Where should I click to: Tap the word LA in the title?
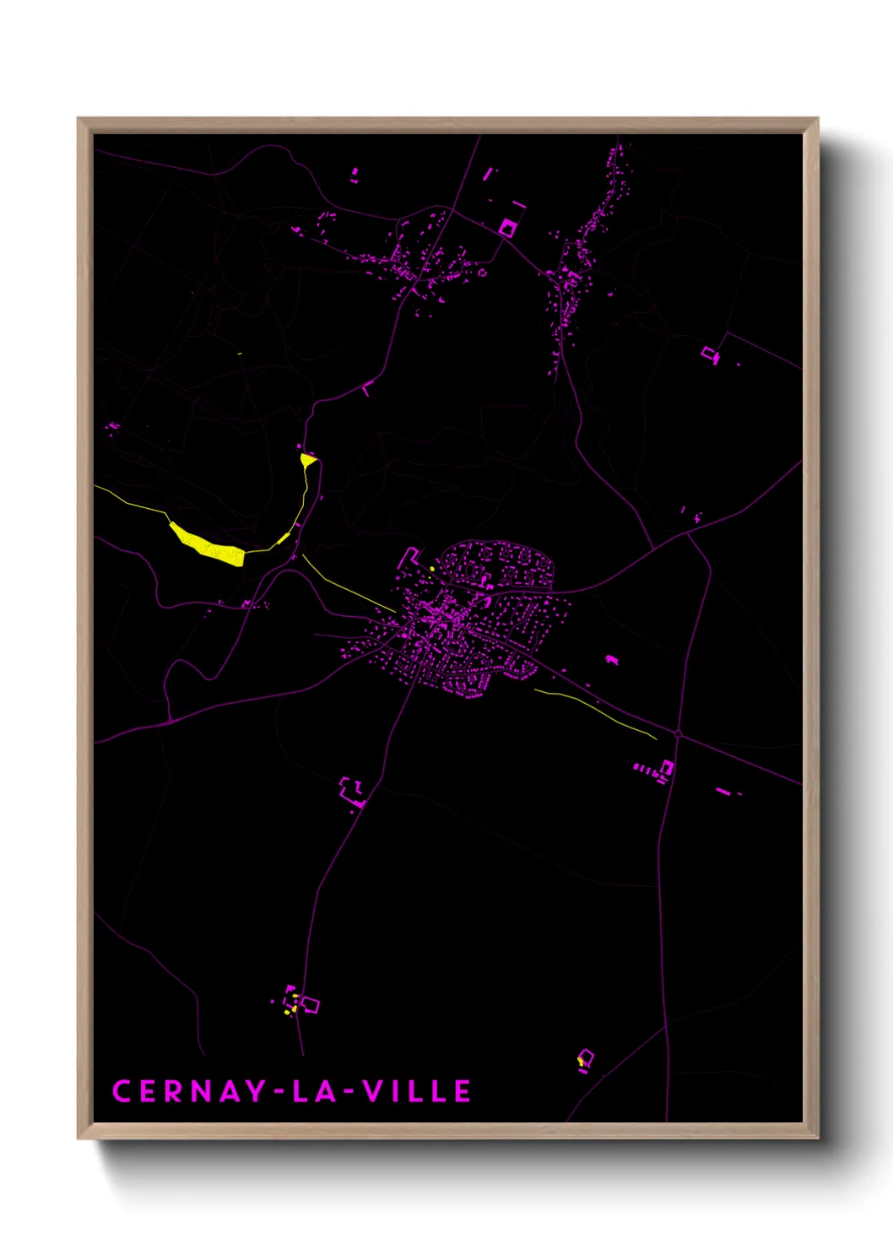[314, 1091]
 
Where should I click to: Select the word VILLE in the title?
[417, 1091]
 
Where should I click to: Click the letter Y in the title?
[256, 1091]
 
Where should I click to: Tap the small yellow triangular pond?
[308, 460]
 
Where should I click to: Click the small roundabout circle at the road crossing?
[678, 734]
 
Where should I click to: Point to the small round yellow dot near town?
[432, 569]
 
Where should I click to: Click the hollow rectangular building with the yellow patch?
[585, 1057]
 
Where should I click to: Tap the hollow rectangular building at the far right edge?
[710, 354]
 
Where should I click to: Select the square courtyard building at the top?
[507, 227]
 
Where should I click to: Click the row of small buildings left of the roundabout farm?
[646, 769]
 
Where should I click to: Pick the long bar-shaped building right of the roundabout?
[723, 791]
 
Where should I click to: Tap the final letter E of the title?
[463, 1091]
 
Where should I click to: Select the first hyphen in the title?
[279, 1092]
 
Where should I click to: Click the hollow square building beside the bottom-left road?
[310, 1004]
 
